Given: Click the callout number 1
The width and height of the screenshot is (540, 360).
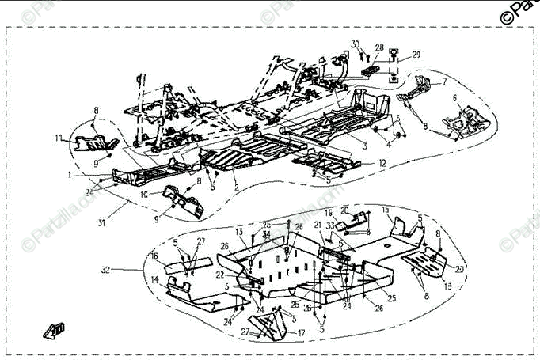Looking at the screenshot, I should coord(70,174).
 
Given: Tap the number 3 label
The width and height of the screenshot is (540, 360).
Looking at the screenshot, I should coord(364,147).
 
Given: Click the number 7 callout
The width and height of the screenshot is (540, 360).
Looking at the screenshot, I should coord(444,81).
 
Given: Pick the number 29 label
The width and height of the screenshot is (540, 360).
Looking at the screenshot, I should coord(416,55).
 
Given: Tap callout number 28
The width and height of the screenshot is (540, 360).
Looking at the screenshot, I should coord(379,47).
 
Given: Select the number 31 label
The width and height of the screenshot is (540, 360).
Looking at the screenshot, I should coord(101,222).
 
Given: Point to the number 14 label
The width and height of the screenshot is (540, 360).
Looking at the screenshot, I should coord(154,280).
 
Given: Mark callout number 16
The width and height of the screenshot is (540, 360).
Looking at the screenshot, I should coord(154,256).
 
